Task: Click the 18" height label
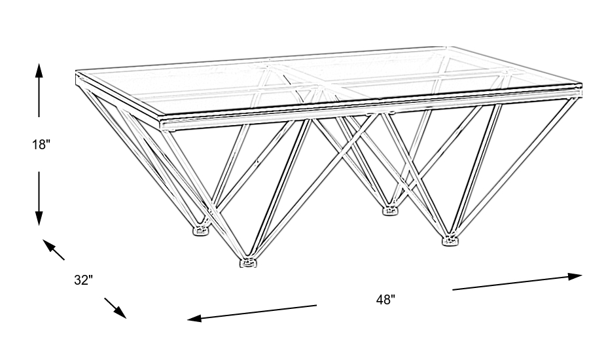pos(41,144)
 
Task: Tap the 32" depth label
pos(83,280)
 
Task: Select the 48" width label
pos(385,300)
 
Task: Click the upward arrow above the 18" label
pos(39,90)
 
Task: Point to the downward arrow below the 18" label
pos(39,198)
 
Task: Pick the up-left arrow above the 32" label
pos(54,250)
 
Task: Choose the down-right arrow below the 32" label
pos(115,308)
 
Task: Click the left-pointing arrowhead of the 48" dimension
pos(194,319)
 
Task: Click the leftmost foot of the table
pos(201,230)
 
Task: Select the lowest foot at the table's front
pos(248,262)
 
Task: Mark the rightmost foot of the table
pos(450,240)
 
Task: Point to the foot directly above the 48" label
pos(391,211)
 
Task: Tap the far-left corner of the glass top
pos(77,71)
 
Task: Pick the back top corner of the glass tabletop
pos(447,48)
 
